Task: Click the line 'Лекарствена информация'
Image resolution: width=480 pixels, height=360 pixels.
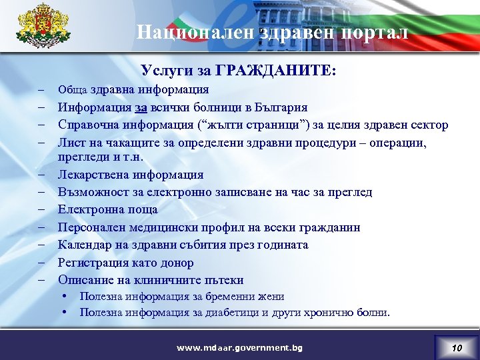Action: click(131, 175)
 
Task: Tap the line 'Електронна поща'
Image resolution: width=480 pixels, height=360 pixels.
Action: click(108, 210)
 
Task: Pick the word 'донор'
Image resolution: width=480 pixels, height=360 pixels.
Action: click(177, 263)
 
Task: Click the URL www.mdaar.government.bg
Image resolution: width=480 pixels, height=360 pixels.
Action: click(239, 348)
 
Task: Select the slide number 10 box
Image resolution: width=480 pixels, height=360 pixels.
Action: click(455, 347)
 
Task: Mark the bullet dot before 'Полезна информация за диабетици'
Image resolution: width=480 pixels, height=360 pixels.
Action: click(67, 312)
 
